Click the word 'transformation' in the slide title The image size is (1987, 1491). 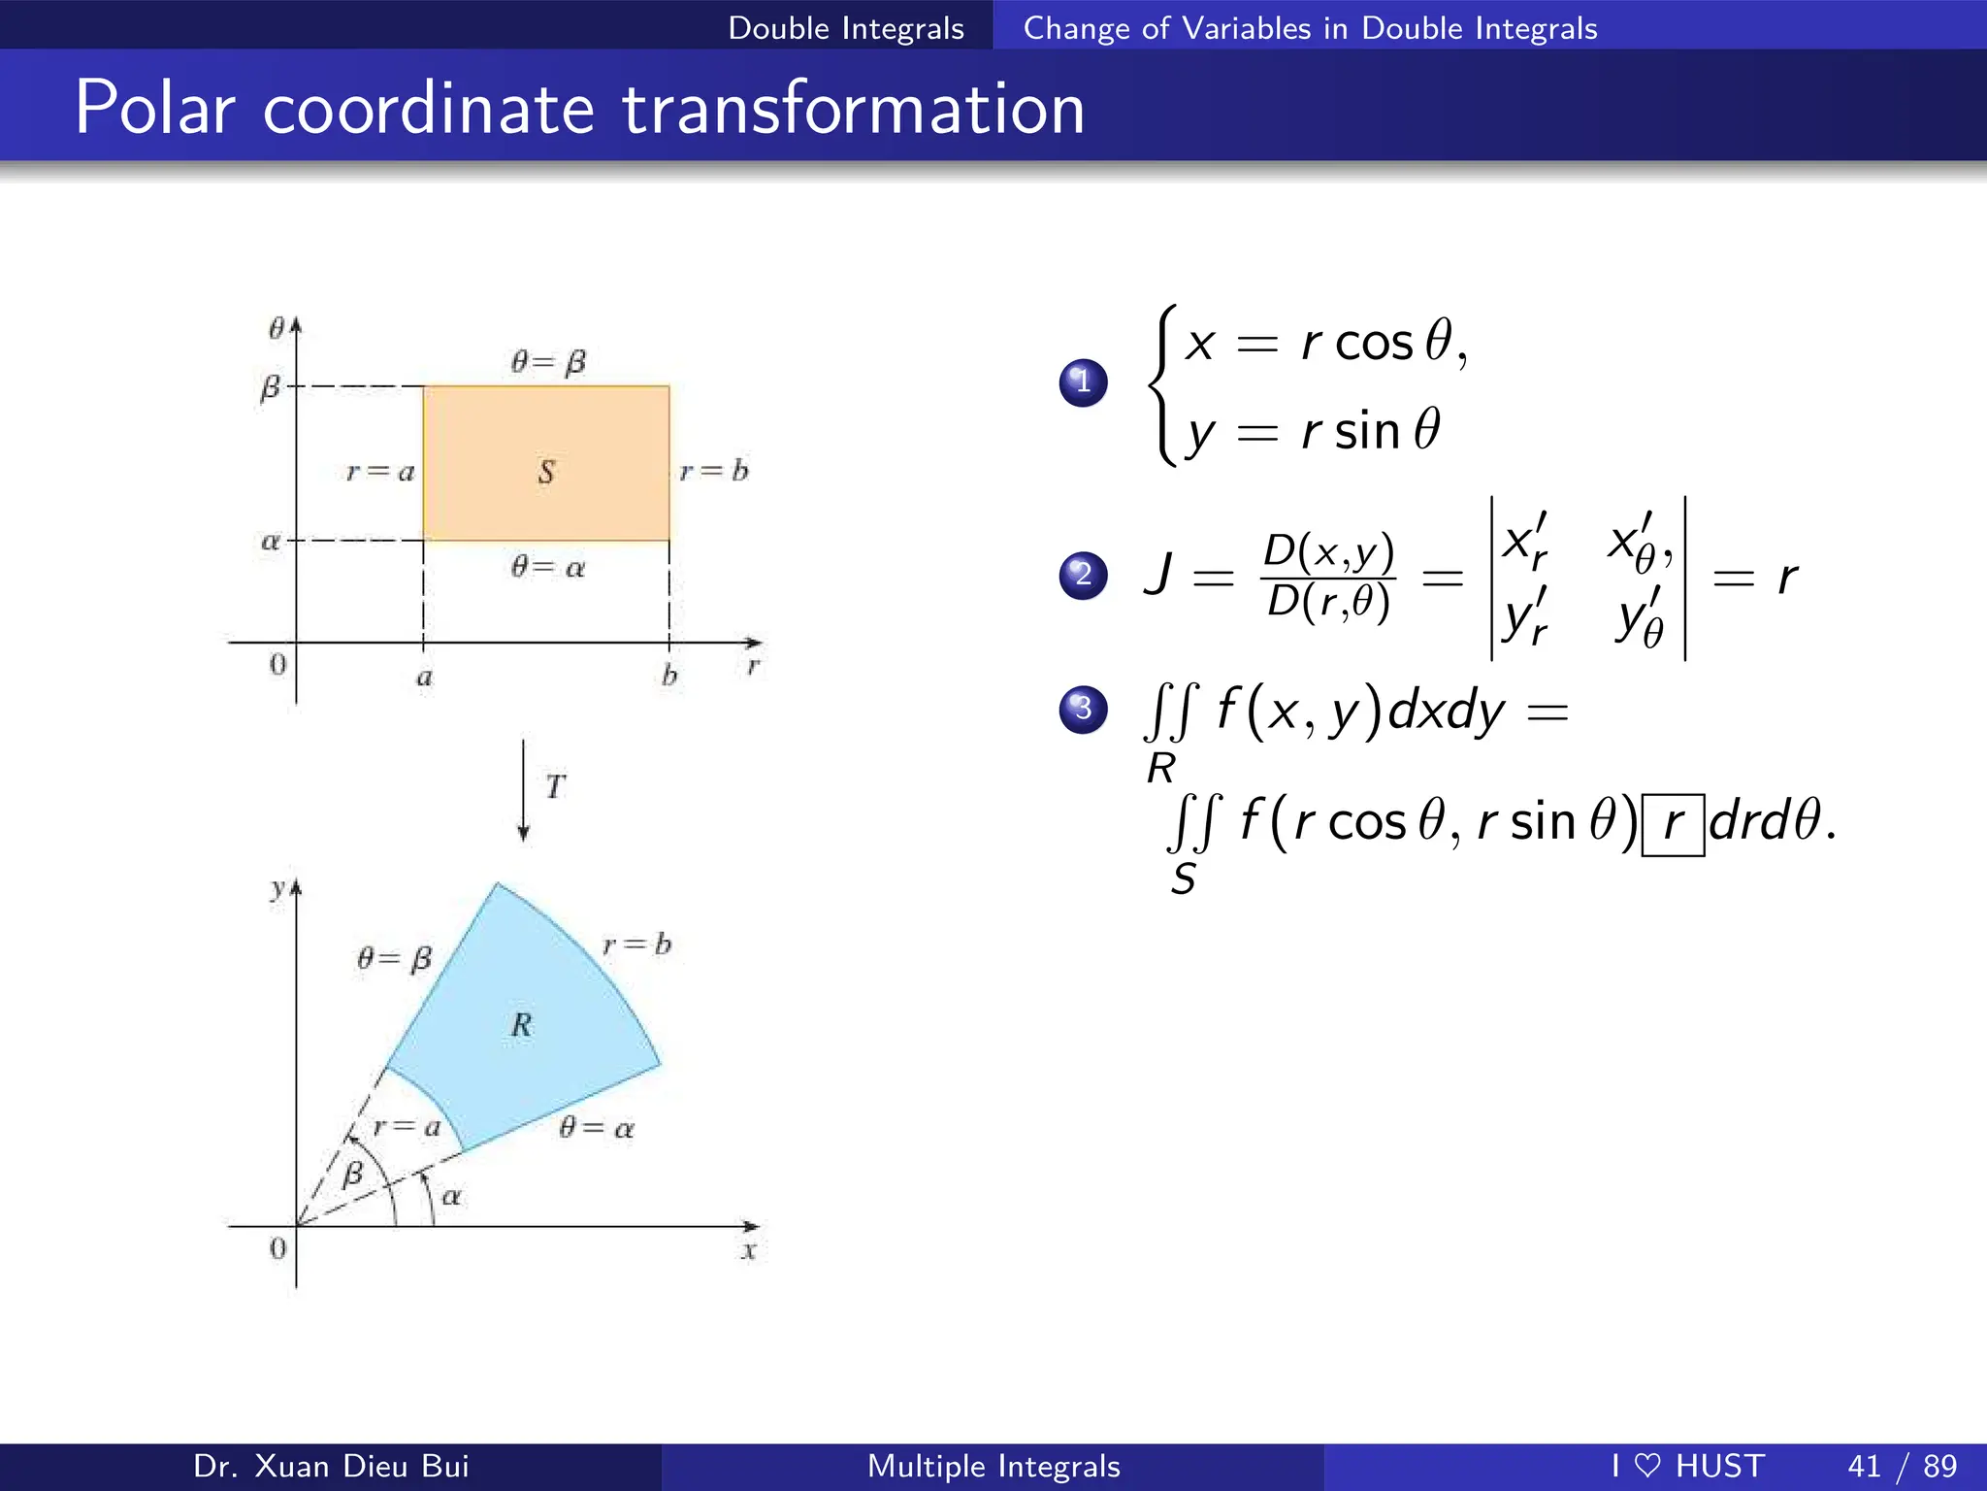pos(853,109)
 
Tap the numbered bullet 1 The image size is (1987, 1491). pos(1083,381)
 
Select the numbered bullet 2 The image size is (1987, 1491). pos(1083,575)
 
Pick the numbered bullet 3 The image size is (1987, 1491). pos(1083,709)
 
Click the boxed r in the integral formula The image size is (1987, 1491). pos(1673,824)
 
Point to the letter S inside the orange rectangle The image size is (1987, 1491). pos(546,472)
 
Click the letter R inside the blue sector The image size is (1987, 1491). pos(522,1025)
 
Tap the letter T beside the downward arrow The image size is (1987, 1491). pos(555,786)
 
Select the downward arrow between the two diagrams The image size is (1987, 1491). pos(524,790)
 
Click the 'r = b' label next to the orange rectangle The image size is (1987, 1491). pos(714,472)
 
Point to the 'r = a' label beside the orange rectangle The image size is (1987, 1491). pos(380,473)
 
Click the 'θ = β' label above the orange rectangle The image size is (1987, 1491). pos(548,363)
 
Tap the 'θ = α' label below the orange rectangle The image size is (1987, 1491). pos(548,567)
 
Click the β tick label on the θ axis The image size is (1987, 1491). pos(270,388)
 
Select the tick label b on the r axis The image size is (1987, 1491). pos(669,676)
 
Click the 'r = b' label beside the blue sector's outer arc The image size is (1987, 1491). pos(636,944)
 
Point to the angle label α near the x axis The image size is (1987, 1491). pos(451,1197)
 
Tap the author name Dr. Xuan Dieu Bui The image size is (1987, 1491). pos(331,1466)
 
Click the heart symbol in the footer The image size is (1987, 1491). pos(1647,1466)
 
